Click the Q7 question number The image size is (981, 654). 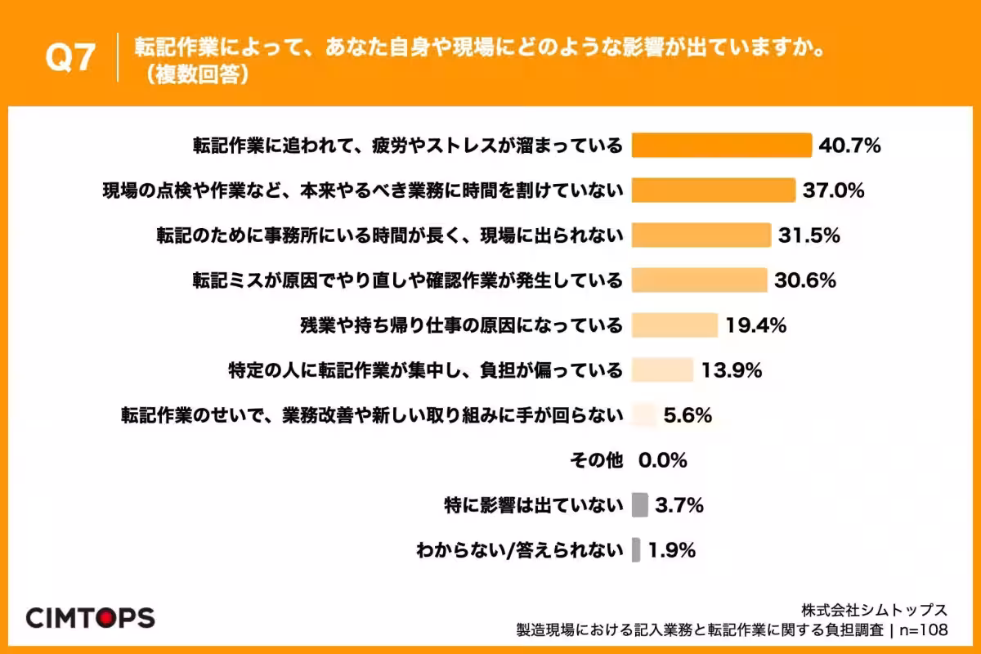pyautogui.click(x=71, y=58)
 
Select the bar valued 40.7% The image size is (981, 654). pyautogui.click(x=723, y=146)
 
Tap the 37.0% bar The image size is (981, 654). pyautogui.click(x=714, y=190)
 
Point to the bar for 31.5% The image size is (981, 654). pyautogui.click(x=701, y=235)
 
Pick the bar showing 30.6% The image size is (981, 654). pyautogui.click(x=700, y=280)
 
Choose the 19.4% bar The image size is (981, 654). pyautogui.click(x=675, y=325)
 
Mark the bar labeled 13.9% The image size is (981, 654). pyautogui.click(x=663, y=370)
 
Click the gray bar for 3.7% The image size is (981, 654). pyautogui.click(x=640, y=505)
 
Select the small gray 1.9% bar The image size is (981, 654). pyautogui.click(x=636, y=550)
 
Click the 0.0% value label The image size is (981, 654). pyautogui.click(x=662, y=460)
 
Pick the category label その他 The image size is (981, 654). pyautogui.click(x=596, y=460)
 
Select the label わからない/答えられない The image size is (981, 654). pyautogui.click(x=519, y=550)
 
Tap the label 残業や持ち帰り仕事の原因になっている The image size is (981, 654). pyautogui.click(x=461, y=325)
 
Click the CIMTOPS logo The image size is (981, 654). pyautogui.click(x=90, y=618)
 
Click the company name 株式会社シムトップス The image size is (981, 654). pyautogui.click(x=874, y=610)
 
